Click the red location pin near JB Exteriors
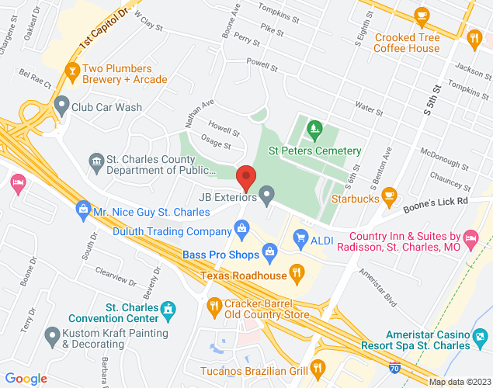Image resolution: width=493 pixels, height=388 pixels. [x=247, y=178]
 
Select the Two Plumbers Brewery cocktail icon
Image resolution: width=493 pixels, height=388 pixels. [x=72, y=69]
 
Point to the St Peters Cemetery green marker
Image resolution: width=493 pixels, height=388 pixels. [x=314, y=127]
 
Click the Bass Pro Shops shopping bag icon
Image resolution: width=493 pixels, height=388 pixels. [x=269, y=251]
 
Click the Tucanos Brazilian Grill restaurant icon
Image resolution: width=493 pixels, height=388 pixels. [x=316, y=367]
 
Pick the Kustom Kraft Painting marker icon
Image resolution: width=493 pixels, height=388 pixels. [x=52, y=335]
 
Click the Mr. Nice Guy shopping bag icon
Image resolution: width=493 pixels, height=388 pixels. [x=82, y=208]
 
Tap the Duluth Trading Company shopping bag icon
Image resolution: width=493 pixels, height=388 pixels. [x=242, y=230]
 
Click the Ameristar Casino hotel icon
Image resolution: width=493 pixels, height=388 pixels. [x=481, y=337]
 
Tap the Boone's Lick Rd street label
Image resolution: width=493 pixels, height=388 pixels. [x=441, y=201]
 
